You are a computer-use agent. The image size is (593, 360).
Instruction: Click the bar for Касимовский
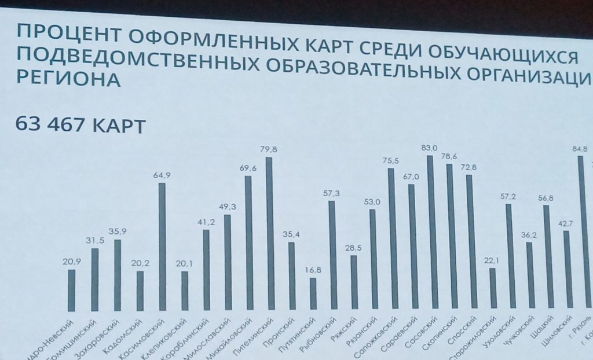click(162, 246)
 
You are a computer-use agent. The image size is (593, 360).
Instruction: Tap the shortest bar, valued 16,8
click(313, 294)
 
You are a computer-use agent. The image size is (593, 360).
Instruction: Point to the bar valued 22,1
click(492, 288)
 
